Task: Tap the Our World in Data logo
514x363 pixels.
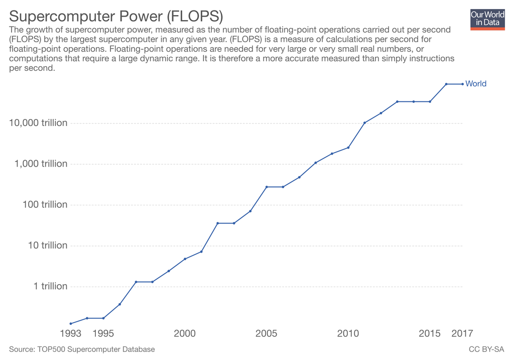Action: pos(487,19)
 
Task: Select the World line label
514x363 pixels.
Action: pos(476,84)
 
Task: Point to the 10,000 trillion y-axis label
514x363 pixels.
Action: pos(38,123)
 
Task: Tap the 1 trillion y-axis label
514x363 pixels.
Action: pos(50,286)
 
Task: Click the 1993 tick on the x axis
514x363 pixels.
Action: pos(71,333)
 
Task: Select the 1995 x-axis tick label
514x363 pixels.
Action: pos(103,333)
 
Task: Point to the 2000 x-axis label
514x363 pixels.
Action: pos(185,333)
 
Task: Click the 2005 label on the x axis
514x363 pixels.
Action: pos(267,333)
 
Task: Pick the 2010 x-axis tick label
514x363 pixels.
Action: pos(348,333)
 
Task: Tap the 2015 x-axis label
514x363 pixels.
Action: pos(430,333)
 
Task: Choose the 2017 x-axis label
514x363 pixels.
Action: pos(462,333)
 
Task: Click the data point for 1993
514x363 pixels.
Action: pos(71,323)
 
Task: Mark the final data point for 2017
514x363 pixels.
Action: pos(462,84)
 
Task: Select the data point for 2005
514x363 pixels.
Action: pos(267,187)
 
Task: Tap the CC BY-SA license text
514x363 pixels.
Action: pos(486,349)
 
